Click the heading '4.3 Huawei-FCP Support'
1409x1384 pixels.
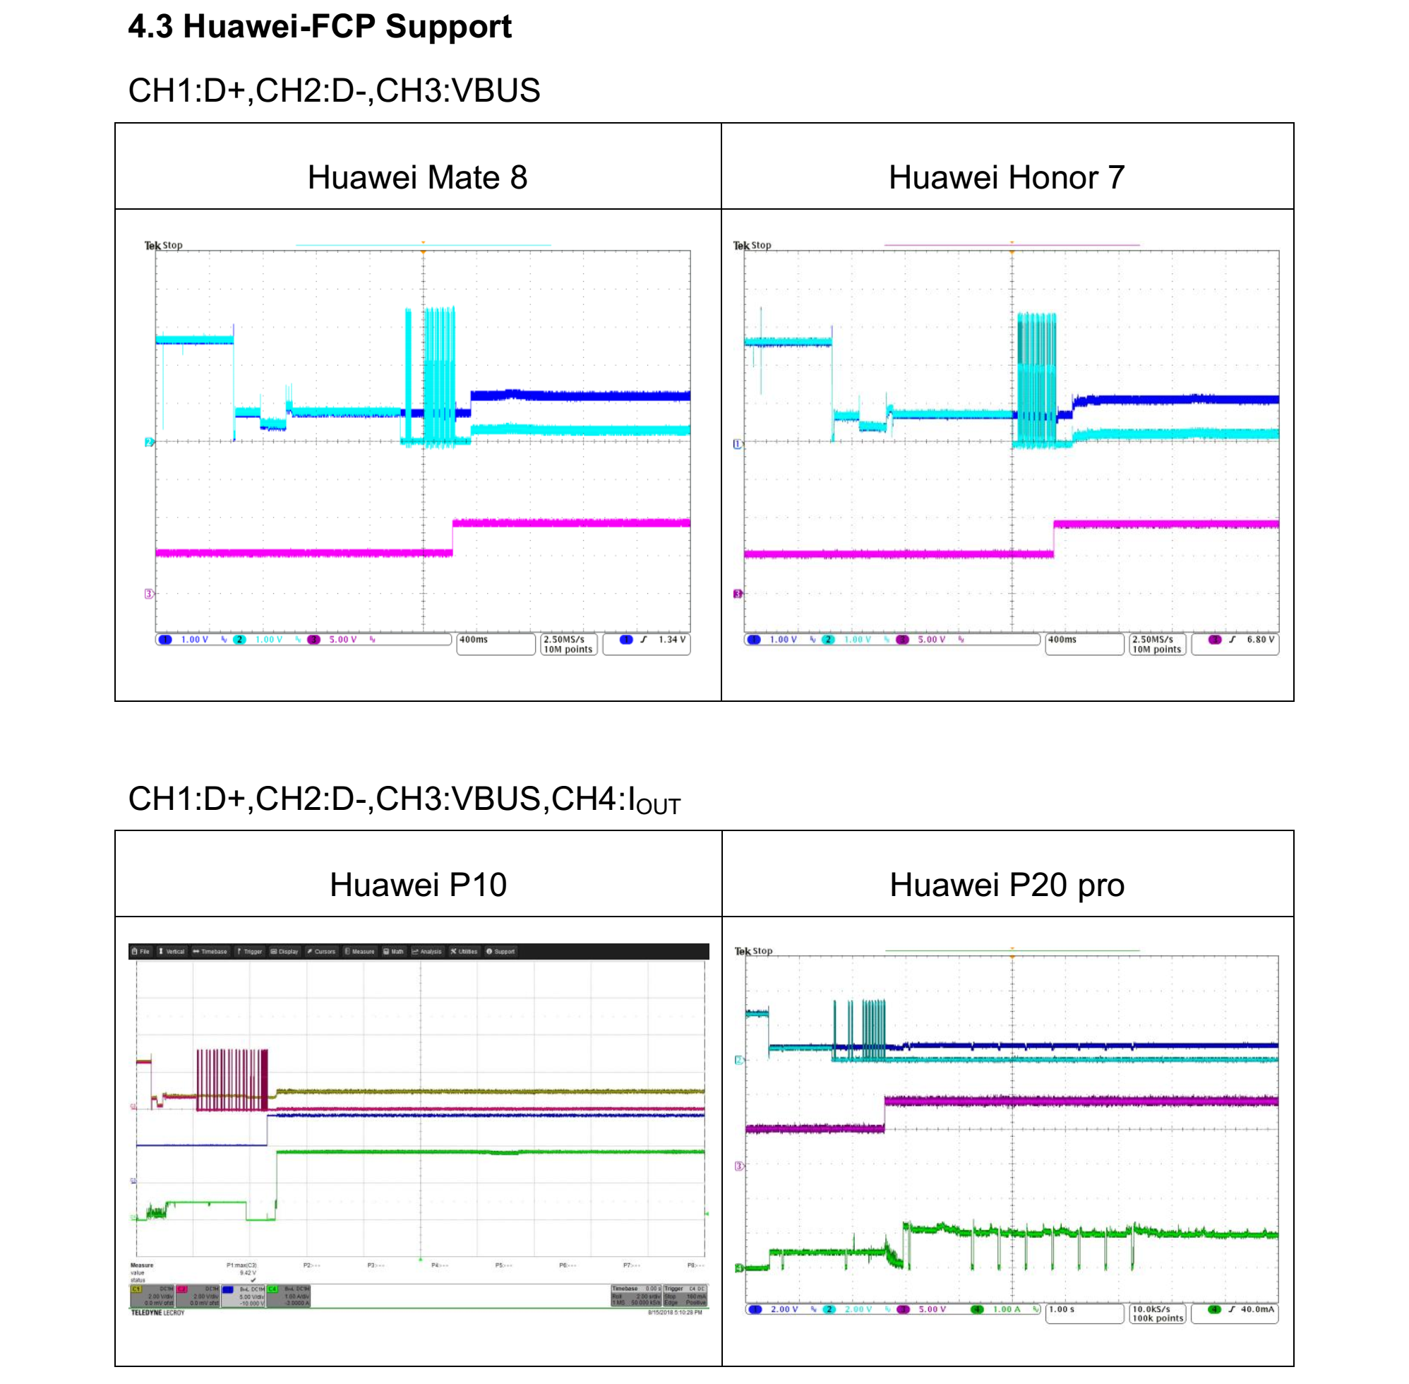tap(320, 27)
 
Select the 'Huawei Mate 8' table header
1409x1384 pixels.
tap(417, 177)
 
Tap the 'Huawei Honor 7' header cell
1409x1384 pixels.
tap(1006, 177)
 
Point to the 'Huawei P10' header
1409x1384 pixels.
tap(418, 885)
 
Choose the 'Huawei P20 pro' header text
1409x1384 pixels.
tap(1007, 885)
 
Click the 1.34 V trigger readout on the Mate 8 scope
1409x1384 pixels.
tap(671, 640)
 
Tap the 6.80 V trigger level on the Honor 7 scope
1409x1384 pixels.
tap(1259, 640)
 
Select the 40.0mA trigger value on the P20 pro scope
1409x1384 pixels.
tap(1257, 1309)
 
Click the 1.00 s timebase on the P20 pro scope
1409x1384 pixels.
tap(1062, 1309)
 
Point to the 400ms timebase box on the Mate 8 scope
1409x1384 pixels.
tap(495, 643)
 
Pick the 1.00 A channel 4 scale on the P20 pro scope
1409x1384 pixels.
tap(1006, 1309)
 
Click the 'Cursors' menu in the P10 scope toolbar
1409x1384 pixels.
tap(321, 952)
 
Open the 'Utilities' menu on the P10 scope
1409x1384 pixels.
tap(464, 952)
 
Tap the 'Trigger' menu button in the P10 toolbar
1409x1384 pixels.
tap(249, 952)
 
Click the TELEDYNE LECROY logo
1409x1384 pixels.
tap(157, 1313)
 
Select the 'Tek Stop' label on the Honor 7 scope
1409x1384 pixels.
tap(752, 246)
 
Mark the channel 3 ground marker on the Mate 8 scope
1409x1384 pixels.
tap(149, 594)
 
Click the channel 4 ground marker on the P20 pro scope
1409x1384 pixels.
tap(739, 1268)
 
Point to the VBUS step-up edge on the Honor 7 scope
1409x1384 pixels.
tap(1054, 538)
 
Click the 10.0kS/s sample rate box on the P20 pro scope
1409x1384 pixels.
tap(1157, 1313)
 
